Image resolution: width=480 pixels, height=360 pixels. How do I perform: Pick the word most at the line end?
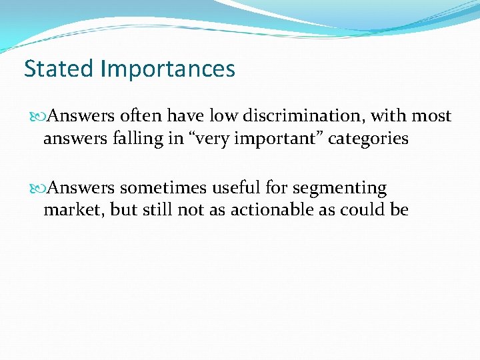(x=431, y=116)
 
